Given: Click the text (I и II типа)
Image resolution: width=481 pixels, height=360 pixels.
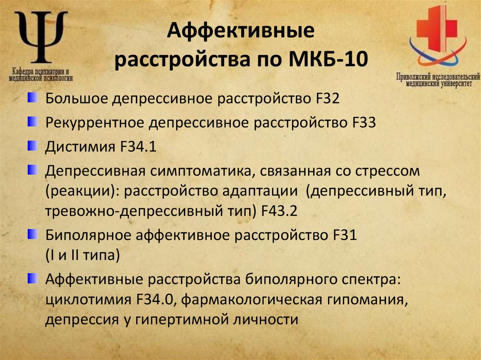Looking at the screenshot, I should point(83,255).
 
